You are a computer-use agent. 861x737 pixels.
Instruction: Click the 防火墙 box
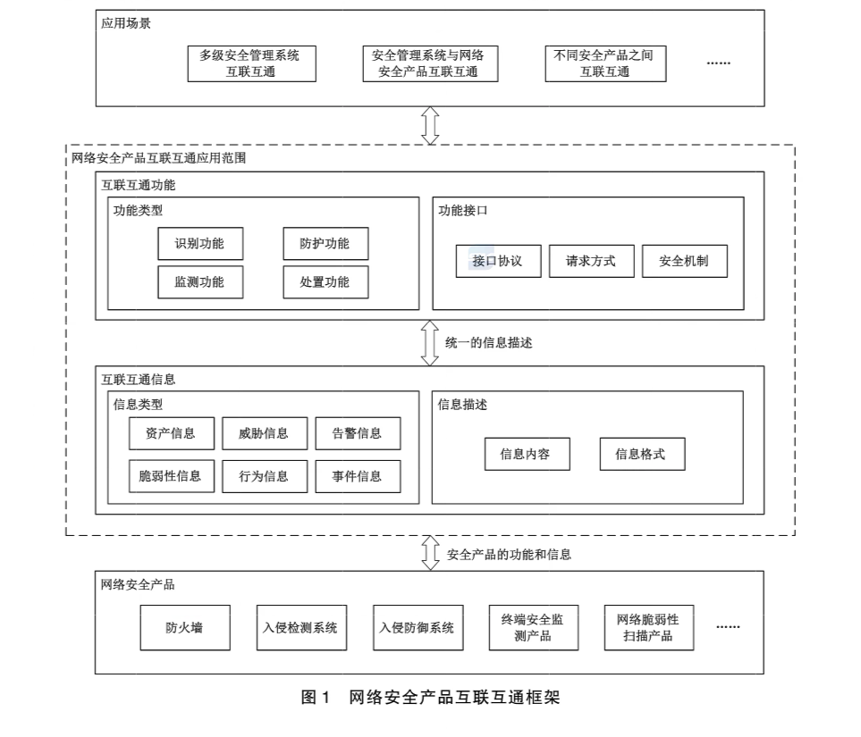(184, 627)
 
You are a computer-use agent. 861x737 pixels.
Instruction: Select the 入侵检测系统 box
(300, 627)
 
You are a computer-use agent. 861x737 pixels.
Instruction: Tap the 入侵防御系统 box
(416, 627)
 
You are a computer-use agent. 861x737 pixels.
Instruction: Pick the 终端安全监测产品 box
(533, 627)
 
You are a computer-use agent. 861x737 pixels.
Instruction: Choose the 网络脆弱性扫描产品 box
(648, 627)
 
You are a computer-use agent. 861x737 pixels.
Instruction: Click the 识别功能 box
(199, 244)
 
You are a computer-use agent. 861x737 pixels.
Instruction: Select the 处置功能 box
(325, 282)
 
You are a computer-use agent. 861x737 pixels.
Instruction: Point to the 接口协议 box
(498, 262)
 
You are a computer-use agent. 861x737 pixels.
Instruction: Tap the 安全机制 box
(684, 262)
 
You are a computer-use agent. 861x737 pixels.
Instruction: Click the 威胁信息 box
(264, 433)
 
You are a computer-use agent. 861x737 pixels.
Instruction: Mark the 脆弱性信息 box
(170, 476)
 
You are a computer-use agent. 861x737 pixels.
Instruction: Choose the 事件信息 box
(357, 476)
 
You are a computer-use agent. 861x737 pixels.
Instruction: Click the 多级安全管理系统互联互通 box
(250, 63)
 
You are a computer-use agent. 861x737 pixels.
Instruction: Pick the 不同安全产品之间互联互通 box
(604, 63)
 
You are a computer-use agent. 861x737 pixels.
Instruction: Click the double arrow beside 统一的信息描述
(430, 343)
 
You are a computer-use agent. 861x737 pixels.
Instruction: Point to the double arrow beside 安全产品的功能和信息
(430, 554)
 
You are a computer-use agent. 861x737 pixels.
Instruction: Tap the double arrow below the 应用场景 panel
(430, 125)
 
